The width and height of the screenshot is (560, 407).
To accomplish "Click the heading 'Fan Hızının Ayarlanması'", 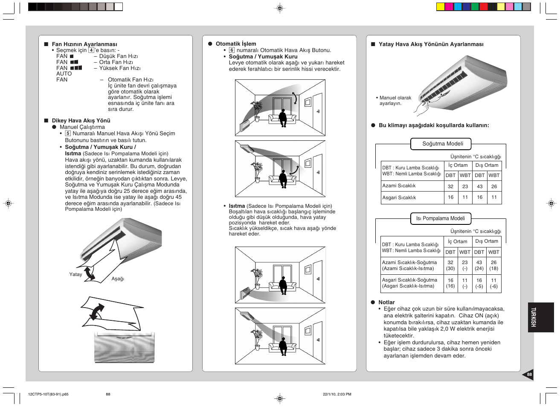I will point(84,44).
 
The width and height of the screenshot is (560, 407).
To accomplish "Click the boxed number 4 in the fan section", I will point(91,50).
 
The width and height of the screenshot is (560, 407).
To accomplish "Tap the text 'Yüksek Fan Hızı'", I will point(119,68).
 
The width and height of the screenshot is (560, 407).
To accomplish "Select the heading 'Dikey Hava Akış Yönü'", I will point(81,120).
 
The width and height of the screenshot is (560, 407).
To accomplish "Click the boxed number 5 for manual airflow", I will point(68,133).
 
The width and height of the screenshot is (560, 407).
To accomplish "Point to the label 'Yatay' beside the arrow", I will point(75,274).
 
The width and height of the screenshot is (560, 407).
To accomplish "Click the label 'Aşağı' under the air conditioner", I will point(118,279).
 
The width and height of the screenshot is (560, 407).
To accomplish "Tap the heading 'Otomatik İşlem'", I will point(236,44).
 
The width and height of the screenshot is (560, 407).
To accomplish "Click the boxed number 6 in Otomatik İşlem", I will point(232,50).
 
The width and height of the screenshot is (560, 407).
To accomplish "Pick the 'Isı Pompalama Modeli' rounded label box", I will point(441,218).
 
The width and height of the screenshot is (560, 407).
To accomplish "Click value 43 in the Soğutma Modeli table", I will point(479,186).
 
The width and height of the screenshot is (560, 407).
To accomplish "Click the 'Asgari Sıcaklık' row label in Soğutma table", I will point(399,198).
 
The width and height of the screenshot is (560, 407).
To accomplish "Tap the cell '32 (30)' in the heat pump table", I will point(450,265).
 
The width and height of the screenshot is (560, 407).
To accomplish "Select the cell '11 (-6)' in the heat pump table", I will point(493,283).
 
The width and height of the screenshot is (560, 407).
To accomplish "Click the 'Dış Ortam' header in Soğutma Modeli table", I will point(487,165).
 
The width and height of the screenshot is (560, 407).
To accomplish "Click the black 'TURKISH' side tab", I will point(541,317).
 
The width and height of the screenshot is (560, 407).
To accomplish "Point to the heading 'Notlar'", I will point(386,302).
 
